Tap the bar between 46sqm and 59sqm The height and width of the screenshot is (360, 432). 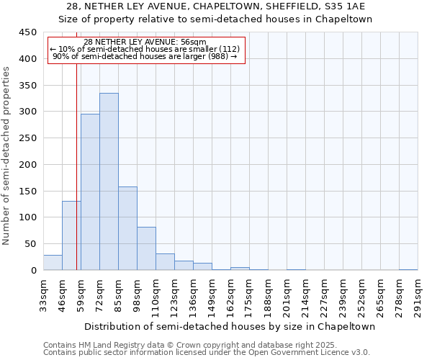(71, 235)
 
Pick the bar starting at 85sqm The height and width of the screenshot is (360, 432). (127, 228)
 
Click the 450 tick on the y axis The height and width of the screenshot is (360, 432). (27, 32)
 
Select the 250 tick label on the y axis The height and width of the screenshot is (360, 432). (27, 138)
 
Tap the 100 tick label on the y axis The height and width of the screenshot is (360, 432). (27, 217)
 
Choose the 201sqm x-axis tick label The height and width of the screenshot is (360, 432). (287, 295)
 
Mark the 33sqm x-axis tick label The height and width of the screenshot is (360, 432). (43, 295)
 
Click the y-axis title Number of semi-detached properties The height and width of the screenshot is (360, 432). (6, 156)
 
